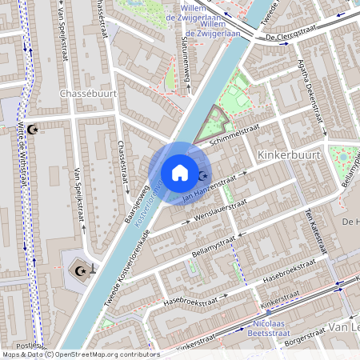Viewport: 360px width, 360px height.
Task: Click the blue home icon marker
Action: [x=180, y=173]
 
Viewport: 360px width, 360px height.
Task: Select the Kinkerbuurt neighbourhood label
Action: [x=290, y=152]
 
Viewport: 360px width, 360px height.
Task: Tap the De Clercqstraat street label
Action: [x=288, y=33]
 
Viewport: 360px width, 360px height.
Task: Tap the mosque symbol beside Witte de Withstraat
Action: [x=32, y=129]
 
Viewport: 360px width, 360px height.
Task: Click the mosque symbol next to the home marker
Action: [x=202, y=175]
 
